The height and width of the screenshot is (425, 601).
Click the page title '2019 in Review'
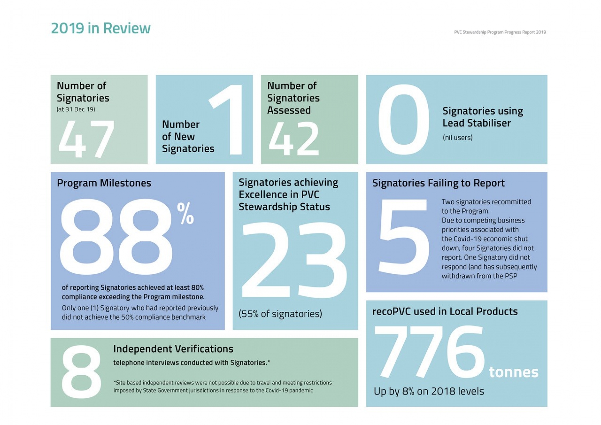[101, 28]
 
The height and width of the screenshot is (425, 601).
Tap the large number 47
[86, 139]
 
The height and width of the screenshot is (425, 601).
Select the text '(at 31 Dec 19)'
[76, 109]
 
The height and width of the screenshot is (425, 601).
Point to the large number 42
[294, 139]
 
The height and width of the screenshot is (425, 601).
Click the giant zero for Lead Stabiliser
[404, 120]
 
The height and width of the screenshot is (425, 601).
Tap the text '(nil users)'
[458, 138]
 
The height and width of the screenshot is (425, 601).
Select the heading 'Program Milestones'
[104, 183]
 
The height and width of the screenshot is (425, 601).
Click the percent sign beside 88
[185, 214]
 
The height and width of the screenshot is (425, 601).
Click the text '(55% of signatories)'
[280, 314]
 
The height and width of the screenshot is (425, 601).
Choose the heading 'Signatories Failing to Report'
[438, 183]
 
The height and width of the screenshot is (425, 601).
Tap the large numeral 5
[404, 237]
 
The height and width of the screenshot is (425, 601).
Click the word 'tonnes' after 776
[513, 372]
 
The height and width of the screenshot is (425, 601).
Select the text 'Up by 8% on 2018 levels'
[429, 391]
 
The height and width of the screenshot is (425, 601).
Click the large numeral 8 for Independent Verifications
[82, 372]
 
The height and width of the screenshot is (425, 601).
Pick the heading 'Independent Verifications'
[173, 349]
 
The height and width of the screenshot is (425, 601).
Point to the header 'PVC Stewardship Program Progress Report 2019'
[500, 32]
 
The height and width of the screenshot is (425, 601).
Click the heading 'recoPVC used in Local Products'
[445, 312]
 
